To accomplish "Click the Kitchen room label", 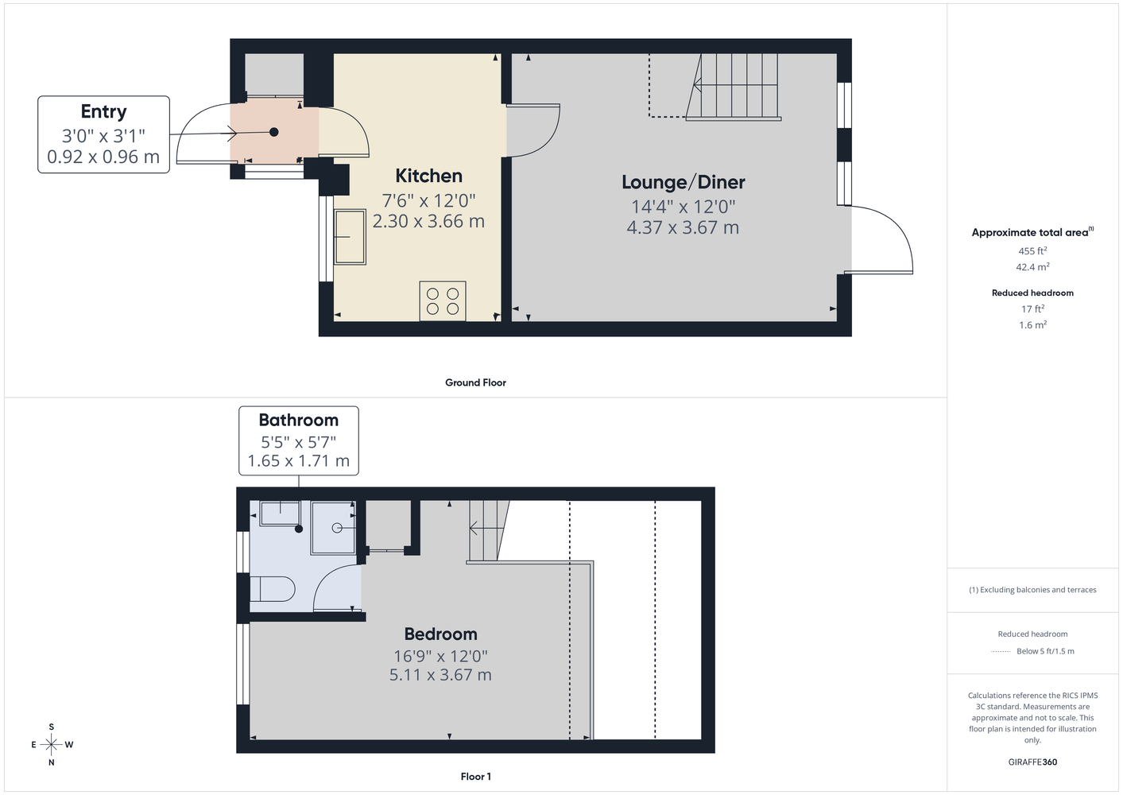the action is point(428,176).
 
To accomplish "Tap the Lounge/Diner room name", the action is point(683,182).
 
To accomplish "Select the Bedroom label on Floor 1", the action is point(440,634).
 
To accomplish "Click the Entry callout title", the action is point(104,112).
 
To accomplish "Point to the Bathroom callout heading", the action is point(299,420).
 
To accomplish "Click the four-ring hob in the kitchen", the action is point(443,301).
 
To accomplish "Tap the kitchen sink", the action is point(350,237).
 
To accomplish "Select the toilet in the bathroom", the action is point(273,589).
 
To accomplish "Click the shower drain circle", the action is point(337,528).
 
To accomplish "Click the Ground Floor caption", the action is point(476,382).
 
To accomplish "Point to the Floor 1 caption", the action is point(476,777).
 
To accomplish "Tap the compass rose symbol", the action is point(52,744).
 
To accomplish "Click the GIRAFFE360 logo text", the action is point(1032,762).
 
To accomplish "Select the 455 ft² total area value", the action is point(1032,250).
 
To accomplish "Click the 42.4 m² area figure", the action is point(1032,267).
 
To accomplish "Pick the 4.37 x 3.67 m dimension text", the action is point(683,227).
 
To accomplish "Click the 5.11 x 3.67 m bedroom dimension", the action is point(440,675).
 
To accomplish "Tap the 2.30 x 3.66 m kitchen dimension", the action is point(428,221).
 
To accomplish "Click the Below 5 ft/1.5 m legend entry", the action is point(1045,651).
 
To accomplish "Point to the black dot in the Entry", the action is point(273,133).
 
